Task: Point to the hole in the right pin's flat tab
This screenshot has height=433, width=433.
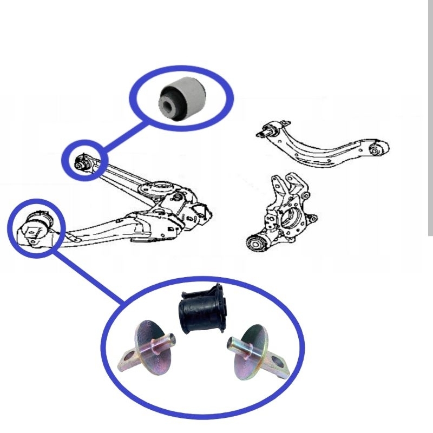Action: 279,362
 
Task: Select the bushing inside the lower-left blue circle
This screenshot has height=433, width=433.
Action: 37,226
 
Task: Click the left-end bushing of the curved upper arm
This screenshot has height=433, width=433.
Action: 268,129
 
